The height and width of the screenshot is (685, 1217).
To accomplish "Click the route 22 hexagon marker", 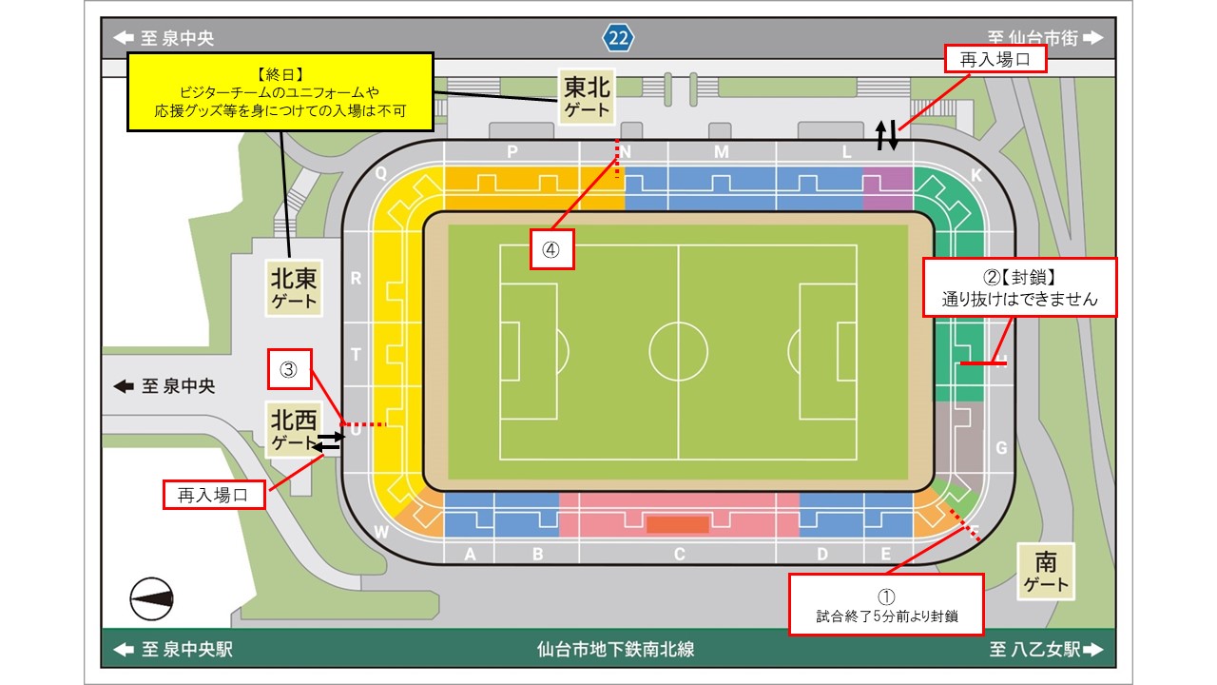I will coord(618,38).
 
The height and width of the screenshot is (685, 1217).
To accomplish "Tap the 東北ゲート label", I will coord(587,97).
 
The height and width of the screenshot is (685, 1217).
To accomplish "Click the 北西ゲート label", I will coord(292,430).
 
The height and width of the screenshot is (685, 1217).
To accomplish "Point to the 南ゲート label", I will coord(1046,571).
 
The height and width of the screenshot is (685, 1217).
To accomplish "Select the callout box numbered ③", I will coord(290,371).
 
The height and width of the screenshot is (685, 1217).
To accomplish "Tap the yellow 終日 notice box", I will coord(280,91).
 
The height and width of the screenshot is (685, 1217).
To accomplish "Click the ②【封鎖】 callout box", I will coord(1019,288).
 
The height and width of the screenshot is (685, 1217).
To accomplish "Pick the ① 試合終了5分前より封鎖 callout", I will coord(886,604).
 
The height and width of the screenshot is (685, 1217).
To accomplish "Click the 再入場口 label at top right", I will coord(995,60).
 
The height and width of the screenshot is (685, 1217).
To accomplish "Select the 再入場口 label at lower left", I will coord(213,495).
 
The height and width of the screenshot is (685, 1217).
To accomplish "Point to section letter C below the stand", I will coord(679,555).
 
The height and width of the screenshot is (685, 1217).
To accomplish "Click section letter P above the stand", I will coord(512,152).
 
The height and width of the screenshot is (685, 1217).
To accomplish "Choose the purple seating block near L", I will coord(887,188).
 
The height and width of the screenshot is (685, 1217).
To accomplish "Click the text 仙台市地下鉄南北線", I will coord(615,650).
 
